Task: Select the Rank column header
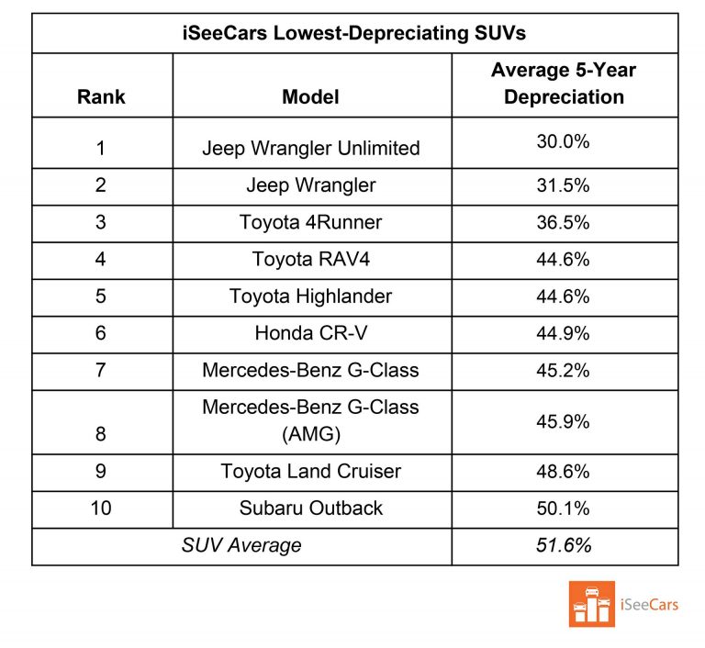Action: coord(101,96)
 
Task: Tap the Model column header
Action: coord(310,96)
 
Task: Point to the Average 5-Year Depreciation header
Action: coord(563,84)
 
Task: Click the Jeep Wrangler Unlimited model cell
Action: coord(310,148)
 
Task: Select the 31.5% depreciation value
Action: coord(563,184)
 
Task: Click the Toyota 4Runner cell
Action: coord(310,222)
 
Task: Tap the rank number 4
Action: coord(101,260)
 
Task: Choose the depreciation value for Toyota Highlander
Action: coord(563,296)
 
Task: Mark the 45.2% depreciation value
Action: coord(563,371)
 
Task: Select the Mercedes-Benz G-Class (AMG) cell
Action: coord(310,420)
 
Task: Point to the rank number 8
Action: coord(101,434)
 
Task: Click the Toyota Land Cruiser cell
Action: coord(310,471)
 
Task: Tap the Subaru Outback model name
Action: coord(310,508)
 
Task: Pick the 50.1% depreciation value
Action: coord(563,508)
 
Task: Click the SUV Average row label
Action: coord(241,546)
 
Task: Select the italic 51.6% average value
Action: coord(563,545)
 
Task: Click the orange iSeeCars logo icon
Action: coord(592,604)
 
